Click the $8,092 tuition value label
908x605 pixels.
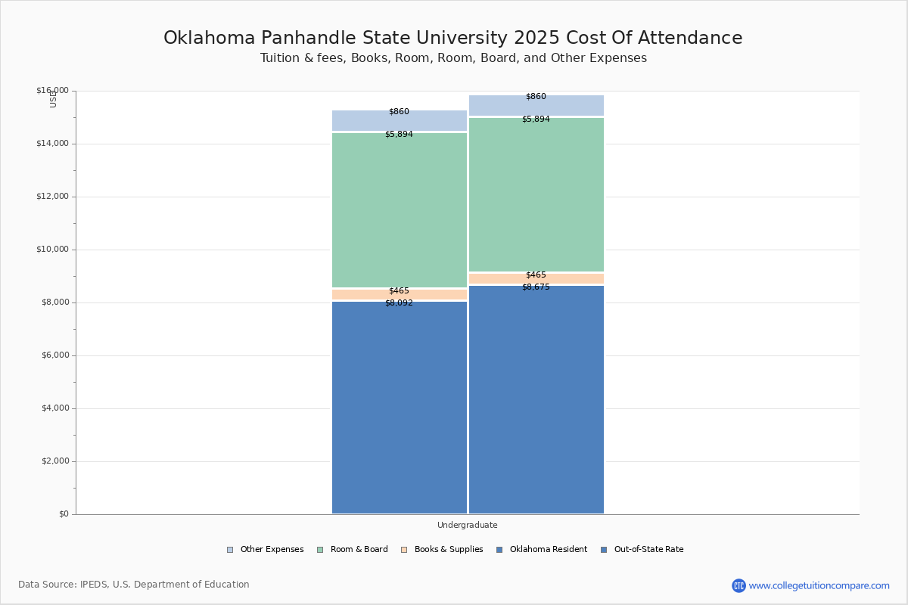(x=399, y=303)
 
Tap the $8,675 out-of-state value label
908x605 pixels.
(x=536, y=287)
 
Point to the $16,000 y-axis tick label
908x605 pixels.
(x=52, y=91)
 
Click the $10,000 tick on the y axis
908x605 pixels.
(x=52, y=250)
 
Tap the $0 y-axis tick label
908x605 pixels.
(x=63, y=514)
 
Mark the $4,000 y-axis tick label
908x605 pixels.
(x=54, y=408)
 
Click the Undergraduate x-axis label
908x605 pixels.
(x=467, y=525)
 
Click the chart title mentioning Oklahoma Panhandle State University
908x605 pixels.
(x=453, y=38)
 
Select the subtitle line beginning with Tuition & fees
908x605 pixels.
(x=453, y=58)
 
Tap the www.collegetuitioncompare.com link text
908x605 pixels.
(x=819, y=585)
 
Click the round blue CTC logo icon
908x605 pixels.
(x=739, y=585)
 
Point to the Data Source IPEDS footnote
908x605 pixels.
(x=134, y=585)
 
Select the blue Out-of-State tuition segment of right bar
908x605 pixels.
(x=536, y=401)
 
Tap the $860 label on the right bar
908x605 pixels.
(x=536, y=97)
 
